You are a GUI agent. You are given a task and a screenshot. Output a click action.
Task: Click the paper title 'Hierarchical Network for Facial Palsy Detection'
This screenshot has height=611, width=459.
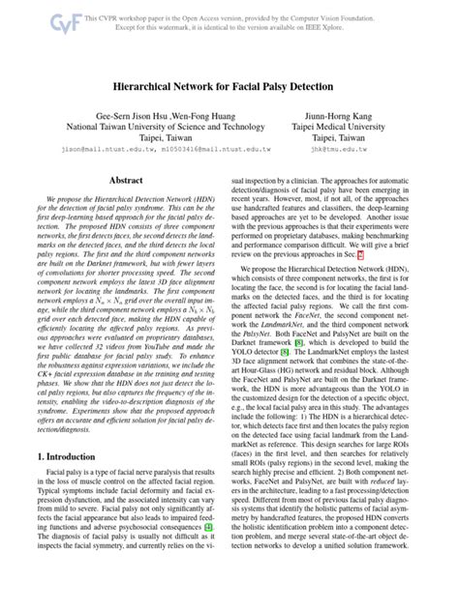click(229, 85)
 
